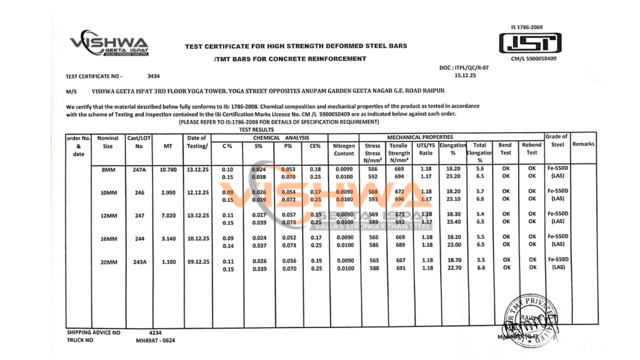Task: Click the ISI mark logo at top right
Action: click(530, 43)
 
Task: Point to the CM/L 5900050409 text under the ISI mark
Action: click(533, 59)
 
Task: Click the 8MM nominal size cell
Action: click(109, 170)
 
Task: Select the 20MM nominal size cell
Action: click(109, 263)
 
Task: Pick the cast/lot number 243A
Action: click(139, 263)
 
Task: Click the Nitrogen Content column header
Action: click(344, 149)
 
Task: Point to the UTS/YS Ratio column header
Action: click(426, 149)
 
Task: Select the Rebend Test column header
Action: click(531, 149)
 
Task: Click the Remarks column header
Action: click(583, 144)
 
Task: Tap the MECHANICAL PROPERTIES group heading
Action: click(420, 137)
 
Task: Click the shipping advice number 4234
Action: click(156, 333)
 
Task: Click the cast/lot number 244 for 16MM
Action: click(139, 238)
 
